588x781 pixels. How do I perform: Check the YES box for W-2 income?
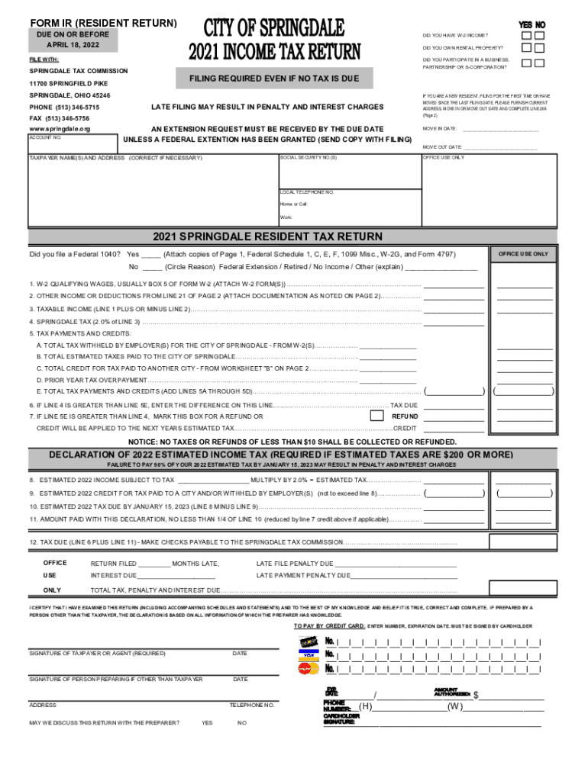527,35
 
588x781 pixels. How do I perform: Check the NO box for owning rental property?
540,49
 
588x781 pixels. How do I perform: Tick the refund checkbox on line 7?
376,416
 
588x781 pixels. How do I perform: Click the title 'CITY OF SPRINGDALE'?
274,30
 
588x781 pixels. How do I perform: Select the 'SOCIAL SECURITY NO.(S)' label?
308,157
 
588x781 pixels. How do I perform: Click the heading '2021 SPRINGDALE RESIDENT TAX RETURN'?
267,236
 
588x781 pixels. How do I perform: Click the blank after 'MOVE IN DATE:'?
500,129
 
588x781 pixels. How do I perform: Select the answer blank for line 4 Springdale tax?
454,322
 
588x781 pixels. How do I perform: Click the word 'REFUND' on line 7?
405,416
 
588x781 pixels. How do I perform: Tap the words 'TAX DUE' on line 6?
404,405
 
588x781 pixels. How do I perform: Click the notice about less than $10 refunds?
292,442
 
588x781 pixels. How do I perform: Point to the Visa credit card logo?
308,654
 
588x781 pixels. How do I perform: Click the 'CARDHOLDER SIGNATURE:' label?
341,718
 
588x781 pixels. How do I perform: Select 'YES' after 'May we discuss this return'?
207,722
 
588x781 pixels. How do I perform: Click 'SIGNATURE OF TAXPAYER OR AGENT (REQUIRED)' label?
97,654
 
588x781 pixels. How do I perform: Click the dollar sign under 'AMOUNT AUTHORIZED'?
476,695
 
